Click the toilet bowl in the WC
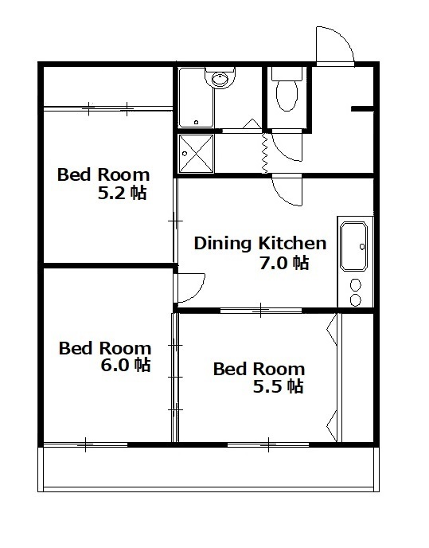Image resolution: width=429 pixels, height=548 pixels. coord(287,95)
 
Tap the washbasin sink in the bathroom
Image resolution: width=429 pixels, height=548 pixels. coord(220,80)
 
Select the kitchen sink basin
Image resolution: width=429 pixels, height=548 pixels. coord(354,246)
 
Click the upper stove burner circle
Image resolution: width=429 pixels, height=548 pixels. coord(356,285)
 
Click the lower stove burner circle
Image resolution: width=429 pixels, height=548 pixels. coord(356,299)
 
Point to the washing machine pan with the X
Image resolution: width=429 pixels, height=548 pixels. coord(196,154)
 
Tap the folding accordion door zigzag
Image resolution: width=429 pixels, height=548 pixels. coord(264,153)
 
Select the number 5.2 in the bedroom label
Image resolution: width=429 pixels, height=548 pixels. coord(111,193)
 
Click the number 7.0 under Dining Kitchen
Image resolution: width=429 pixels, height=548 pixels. coord(273,263)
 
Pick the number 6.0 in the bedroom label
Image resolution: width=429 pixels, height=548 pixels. coord(115,366)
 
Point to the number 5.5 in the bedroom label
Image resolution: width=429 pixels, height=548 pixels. coord(267,386)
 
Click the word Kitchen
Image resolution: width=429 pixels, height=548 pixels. coord(292,243)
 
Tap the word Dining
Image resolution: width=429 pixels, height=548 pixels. coord(223,244)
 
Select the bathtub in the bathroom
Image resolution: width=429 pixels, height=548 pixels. coord(196,98)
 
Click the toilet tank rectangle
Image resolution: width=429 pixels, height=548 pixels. coord(287,74)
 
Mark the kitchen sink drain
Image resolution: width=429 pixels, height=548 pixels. coord(362,247)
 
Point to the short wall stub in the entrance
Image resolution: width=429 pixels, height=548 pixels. coord(362,109)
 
